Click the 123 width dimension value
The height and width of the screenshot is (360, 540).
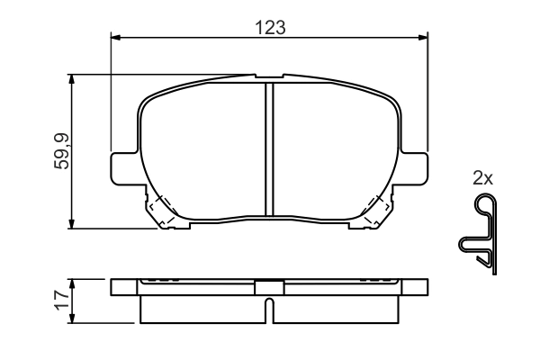[269, 27]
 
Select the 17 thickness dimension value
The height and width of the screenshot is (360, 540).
[60, 301]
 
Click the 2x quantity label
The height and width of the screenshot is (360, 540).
[483, 178]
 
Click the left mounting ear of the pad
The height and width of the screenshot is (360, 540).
[123, 167]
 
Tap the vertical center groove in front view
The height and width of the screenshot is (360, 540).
[268, 148]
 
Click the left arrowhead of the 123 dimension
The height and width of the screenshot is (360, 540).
[114, 37]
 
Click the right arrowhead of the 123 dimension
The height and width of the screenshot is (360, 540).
[423, 37]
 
